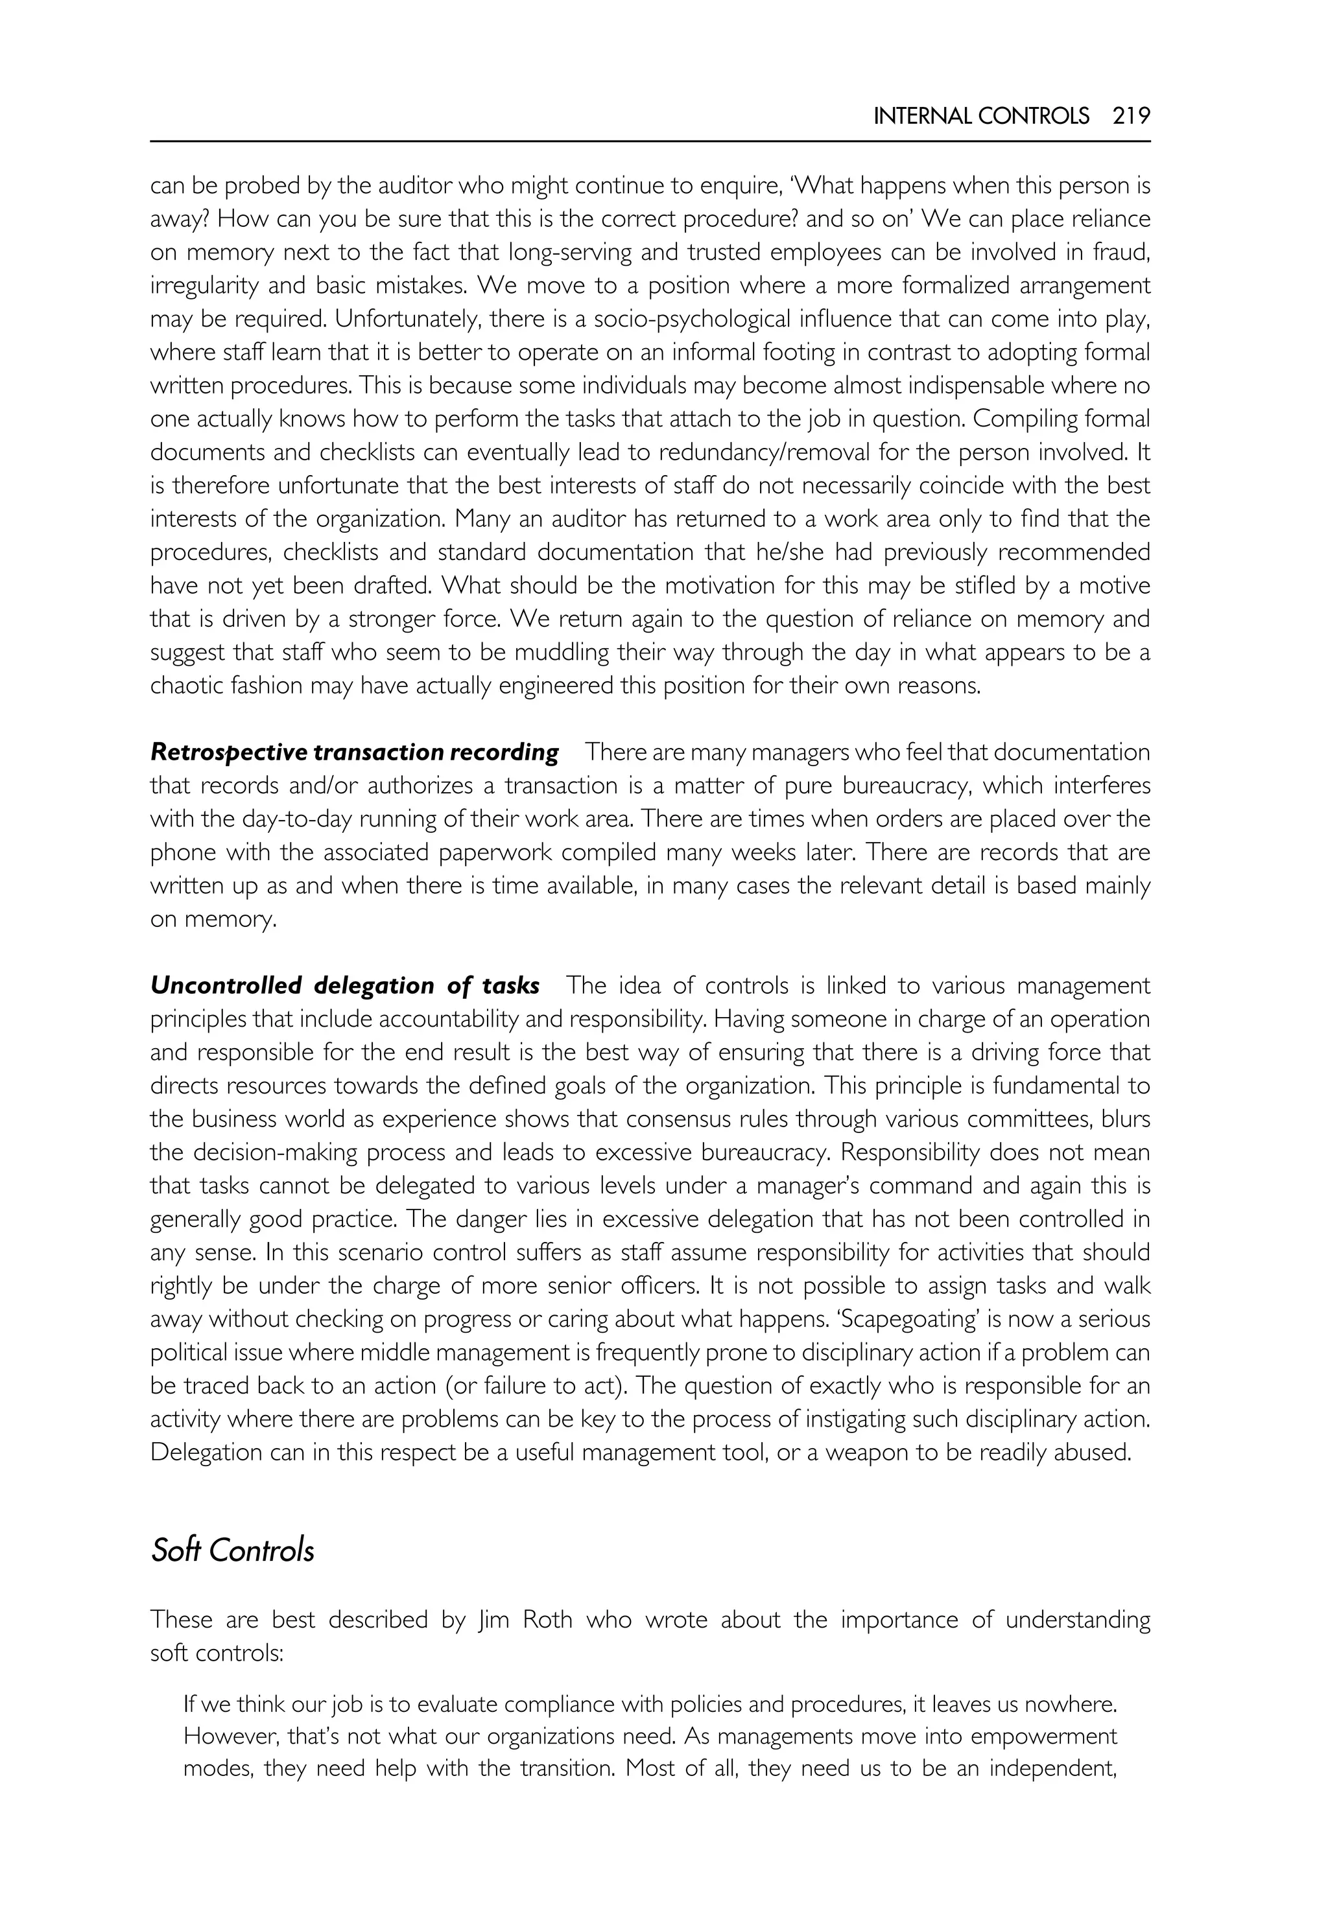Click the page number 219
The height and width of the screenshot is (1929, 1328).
coord(1131,117)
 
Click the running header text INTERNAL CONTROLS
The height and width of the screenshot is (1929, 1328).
coord(981,117)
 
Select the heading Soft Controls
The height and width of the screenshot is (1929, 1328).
coord(232,1550)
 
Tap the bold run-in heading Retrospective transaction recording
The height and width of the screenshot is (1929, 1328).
coord(355,752)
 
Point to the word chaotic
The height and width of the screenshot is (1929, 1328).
coord(179,686)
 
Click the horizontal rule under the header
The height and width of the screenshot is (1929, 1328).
coord(650,141)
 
